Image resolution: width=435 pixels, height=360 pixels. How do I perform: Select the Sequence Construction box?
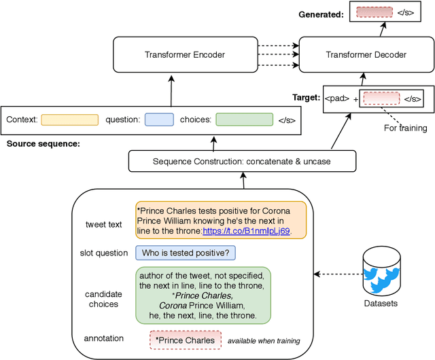coord(243,161)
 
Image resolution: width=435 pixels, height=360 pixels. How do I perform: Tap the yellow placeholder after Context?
coord(69,120)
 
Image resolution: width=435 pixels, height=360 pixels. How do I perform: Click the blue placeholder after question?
coord(159,120)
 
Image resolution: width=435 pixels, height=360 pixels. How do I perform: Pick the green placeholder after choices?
coord(243,120)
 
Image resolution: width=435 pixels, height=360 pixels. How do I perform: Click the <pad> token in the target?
coord(337,98)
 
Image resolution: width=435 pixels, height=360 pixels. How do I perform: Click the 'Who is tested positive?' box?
coord(186,253)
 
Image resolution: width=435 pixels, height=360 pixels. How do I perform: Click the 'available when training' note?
coord(264,340)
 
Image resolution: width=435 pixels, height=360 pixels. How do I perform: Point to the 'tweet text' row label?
coord(103,224)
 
